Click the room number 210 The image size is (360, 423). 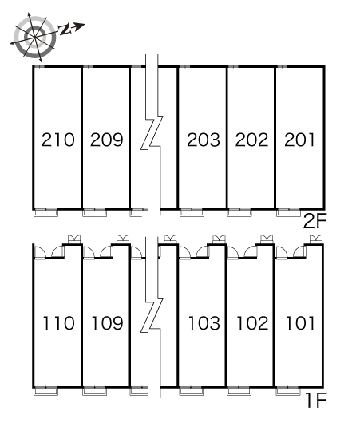click(58, 140)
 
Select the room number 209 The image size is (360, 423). click(107, 140)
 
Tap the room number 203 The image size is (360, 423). click(204, 140)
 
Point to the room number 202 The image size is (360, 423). click(251, 140)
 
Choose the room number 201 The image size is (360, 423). click(299, 140)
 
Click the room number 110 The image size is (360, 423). click(58, 323)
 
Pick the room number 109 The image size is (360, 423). click(108, 323)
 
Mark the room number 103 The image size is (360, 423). click(204, 323)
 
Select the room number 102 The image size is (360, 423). click(252, 323)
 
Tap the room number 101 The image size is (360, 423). click(300, 323)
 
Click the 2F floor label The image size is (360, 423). click(315, 221)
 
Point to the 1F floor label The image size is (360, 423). click(316, 401)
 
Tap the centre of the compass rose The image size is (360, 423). click(35, 37)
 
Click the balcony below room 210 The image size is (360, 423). click(45, 213)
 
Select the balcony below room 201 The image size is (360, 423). click(288, 213)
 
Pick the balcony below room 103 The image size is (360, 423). click(192, 392)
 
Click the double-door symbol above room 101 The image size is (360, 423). click(316, 239)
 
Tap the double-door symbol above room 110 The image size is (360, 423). click(74, 239)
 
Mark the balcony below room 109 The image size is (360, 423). click(94, 392)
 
